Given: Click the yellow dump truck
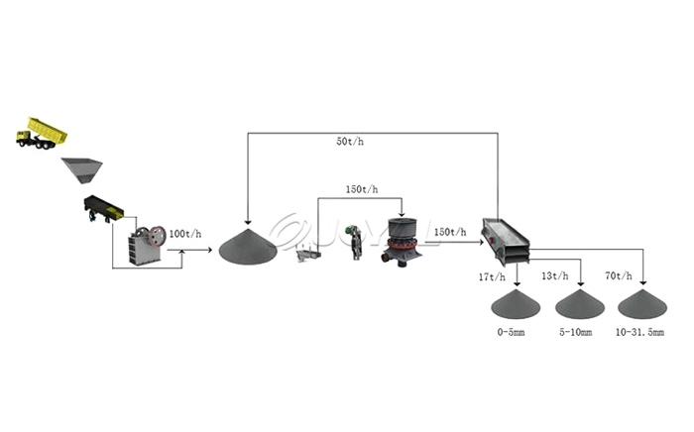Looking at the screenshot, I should (x=42, y=133).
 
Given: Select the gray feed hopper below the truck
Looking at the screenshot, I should (x=83, y=169).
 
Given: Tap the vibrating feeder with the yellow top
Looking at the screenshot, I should (x=103, y=208).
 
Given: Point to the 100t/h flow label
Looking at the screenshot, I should (x=184, y=234).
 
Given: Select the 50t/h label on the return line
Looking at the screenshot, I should (x=350, y=142).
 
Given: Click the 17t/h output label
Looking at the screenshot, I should (x=492, y=276).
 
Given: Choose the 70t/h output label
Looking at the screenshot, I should (x=618, y=276).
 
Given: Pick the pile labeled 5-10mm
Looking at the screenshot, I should (x=580, y=304).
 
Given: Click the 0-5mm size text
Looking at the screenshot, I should (x=513, y=333).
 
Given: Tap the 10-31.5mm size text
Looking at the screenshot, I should (x=639, y=333).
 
